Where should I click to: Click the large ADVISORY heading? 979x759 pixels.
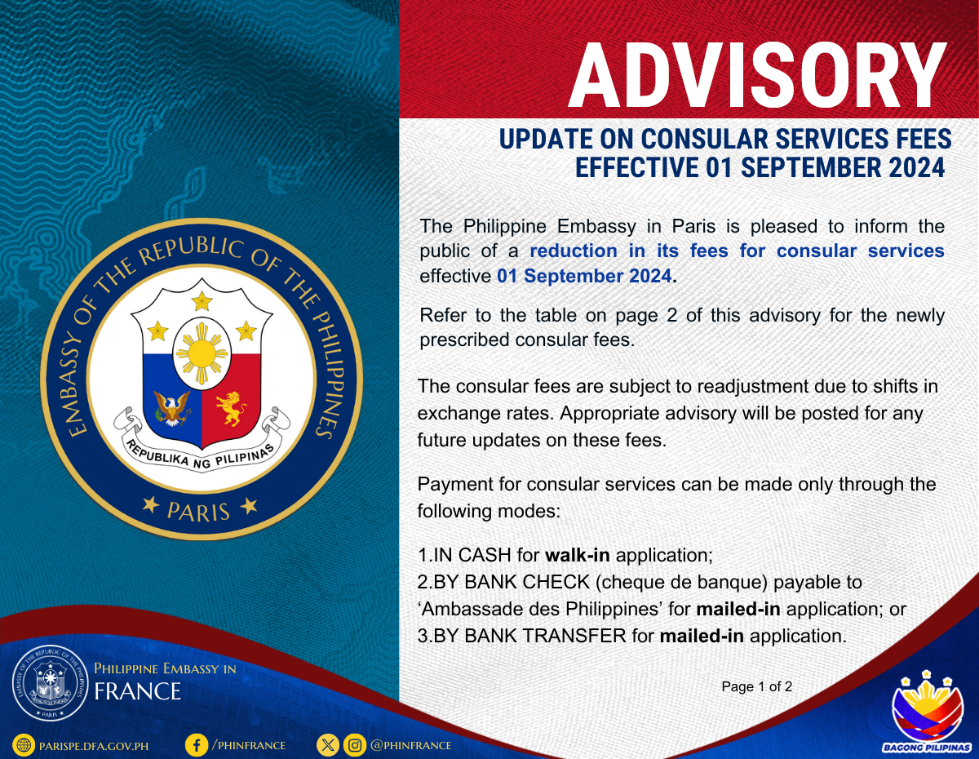coord(758,75)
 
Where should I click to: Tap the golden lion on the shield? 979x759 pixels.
coord(231,408)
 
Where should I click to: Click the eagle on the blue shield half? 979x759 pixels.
coord(171,408)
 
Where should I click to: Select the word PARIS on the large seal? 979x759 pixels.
coord(198,512)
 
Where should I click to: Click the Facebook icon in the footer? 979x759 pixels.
coord(197,745)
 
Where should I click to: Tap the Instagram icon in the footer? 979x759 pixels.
coord(355,745)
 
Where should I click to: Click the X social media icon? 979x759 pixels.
coord(328,745)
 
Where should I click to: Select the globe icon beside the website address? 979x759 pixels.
coord(24,745)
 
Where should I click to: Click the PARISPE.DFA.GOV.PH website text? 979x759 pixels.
coord(94,746)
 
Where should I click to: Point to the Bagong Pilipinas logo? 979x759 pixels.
coord(926,712)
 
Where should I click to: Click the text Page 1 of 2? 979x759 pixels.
coord(757,686)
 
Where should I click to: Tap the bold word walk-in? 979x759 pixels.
coord(578,555)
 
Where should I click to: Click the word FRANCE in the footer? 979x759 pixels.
coord(137,691)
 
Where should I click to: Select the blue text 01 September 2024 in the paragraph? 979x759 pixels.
coord(584,276)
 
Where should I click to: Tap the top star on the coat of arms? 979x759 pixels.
coord(202,300)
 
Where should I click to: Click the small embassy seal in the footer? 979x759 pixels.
coord(50,684)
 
